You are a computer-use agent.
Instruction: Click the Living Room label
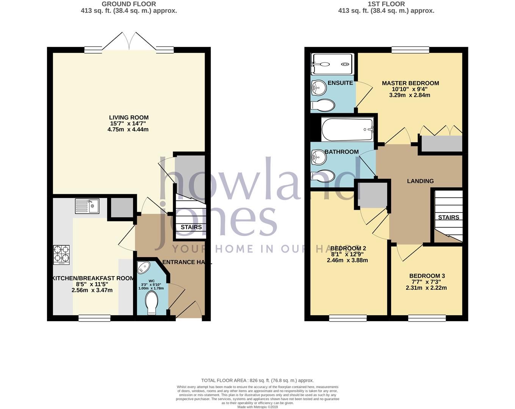tap(129, 117)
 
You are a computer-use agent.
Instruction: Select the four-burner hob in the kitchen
tap(62, 254)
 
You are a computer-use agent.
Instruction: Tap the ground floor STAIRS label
tap(191, 227)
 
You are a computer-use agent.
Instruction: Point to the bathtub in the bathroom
tap(347, 130)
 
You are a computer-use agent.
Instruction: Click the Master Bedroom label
tap(410, 83)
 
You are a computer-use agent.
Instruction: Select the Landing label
tap(420, 181)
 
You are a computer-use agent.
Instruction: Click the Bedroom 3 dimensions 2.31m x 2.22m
tap(426, 288)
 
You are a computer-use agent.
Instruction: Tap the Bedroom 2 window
tap(348, 318)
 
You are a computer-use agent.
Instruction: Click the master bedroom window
tap(410, 50)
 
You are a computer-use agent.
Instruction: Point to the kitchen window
tap(94, 318)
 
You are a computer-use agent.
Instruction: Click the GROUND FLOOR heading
tap(129, 4)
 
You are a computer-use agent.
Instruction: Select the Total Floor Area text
tap(257, 380)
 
